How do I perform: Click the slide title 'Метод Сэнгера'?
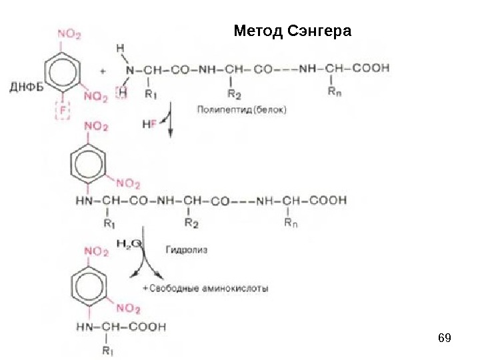click(x=292, y=31)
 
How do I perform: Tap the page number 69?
click(x=444, y=338)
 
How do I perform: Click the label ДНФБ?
click(x=26, y=85)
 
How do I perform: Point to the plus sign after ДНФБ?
click(x=102, y=69)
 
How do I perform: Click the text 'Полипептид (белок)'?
click(x=241, y=110)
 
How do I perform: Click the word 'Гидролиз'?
click(x=186, y=249)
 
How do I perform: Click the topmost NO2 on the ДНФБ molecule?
click(x=70, y=31)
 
